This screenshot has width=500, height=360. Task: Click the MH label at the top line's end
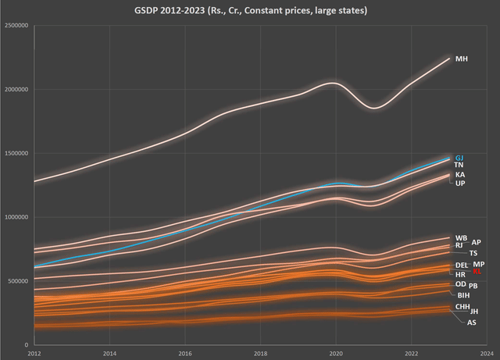point(462,59)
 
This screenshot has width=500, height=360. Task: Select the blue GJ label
point(459,158)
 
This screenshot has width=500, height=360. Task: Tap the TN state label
point(459,166)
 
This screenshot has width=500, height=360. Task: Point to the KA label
point(460,175)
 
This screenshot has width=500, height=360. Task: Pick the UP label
point(460,184)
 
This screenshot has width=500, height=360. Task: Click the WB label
point(461,237)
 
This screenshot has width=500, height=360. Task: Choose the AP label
point(477,243)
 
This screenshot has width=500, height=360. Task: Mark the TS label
point(473,254)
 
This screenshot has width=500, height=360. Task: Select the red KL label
point(477,271)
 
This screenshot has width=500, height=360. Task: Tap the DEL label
point(462,266)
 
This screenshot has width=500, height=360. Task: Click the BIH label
point(463,295)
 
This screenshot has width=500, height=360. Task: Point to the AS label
point(471,323)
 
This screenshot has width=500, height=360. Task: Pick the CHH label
point(462,307)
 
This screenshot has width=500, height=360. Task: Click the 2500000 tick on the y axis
point(16,26)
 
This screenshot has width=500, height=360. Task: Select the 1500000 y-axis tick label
point(16,154)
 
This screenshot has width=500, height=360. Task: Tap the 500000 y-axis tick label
point(18,281)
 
